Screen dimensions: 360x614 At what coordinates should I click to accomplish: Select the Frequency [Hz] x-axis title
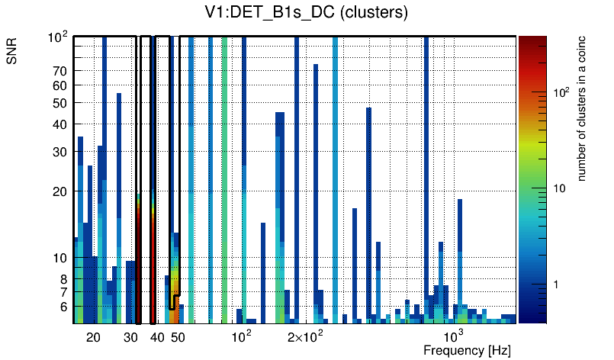click(x=467, y=350)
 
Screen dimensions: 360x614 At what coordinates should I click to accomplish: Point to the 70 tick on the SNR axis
click(x=59, y=71)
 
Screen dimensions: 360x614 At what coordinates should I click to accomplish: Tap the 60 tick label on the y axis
click(x=59, y=85)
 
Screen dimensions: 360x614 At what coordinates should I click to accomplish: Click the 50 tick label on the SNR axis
click(x=59, y=103)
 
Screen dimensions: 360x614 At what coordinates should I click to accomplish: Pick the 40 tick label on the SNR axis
click(x=59, y=124)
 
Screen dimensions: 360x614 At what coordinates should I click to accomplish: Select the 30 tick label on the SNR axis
click(x=59, y=152)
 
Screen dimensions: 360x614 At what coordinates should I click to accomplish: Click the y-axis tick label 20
click(x=59, y=191)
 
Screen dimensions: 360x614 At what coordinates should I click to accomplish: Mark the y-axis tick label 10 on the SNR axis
click(x=59, y=259)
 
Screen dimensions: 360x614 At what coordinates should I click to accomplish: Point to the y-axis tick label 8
click(x=63, y=279)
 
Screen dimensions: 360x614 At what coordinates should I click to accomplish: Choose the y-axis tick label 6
click(x=63, y=307)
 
